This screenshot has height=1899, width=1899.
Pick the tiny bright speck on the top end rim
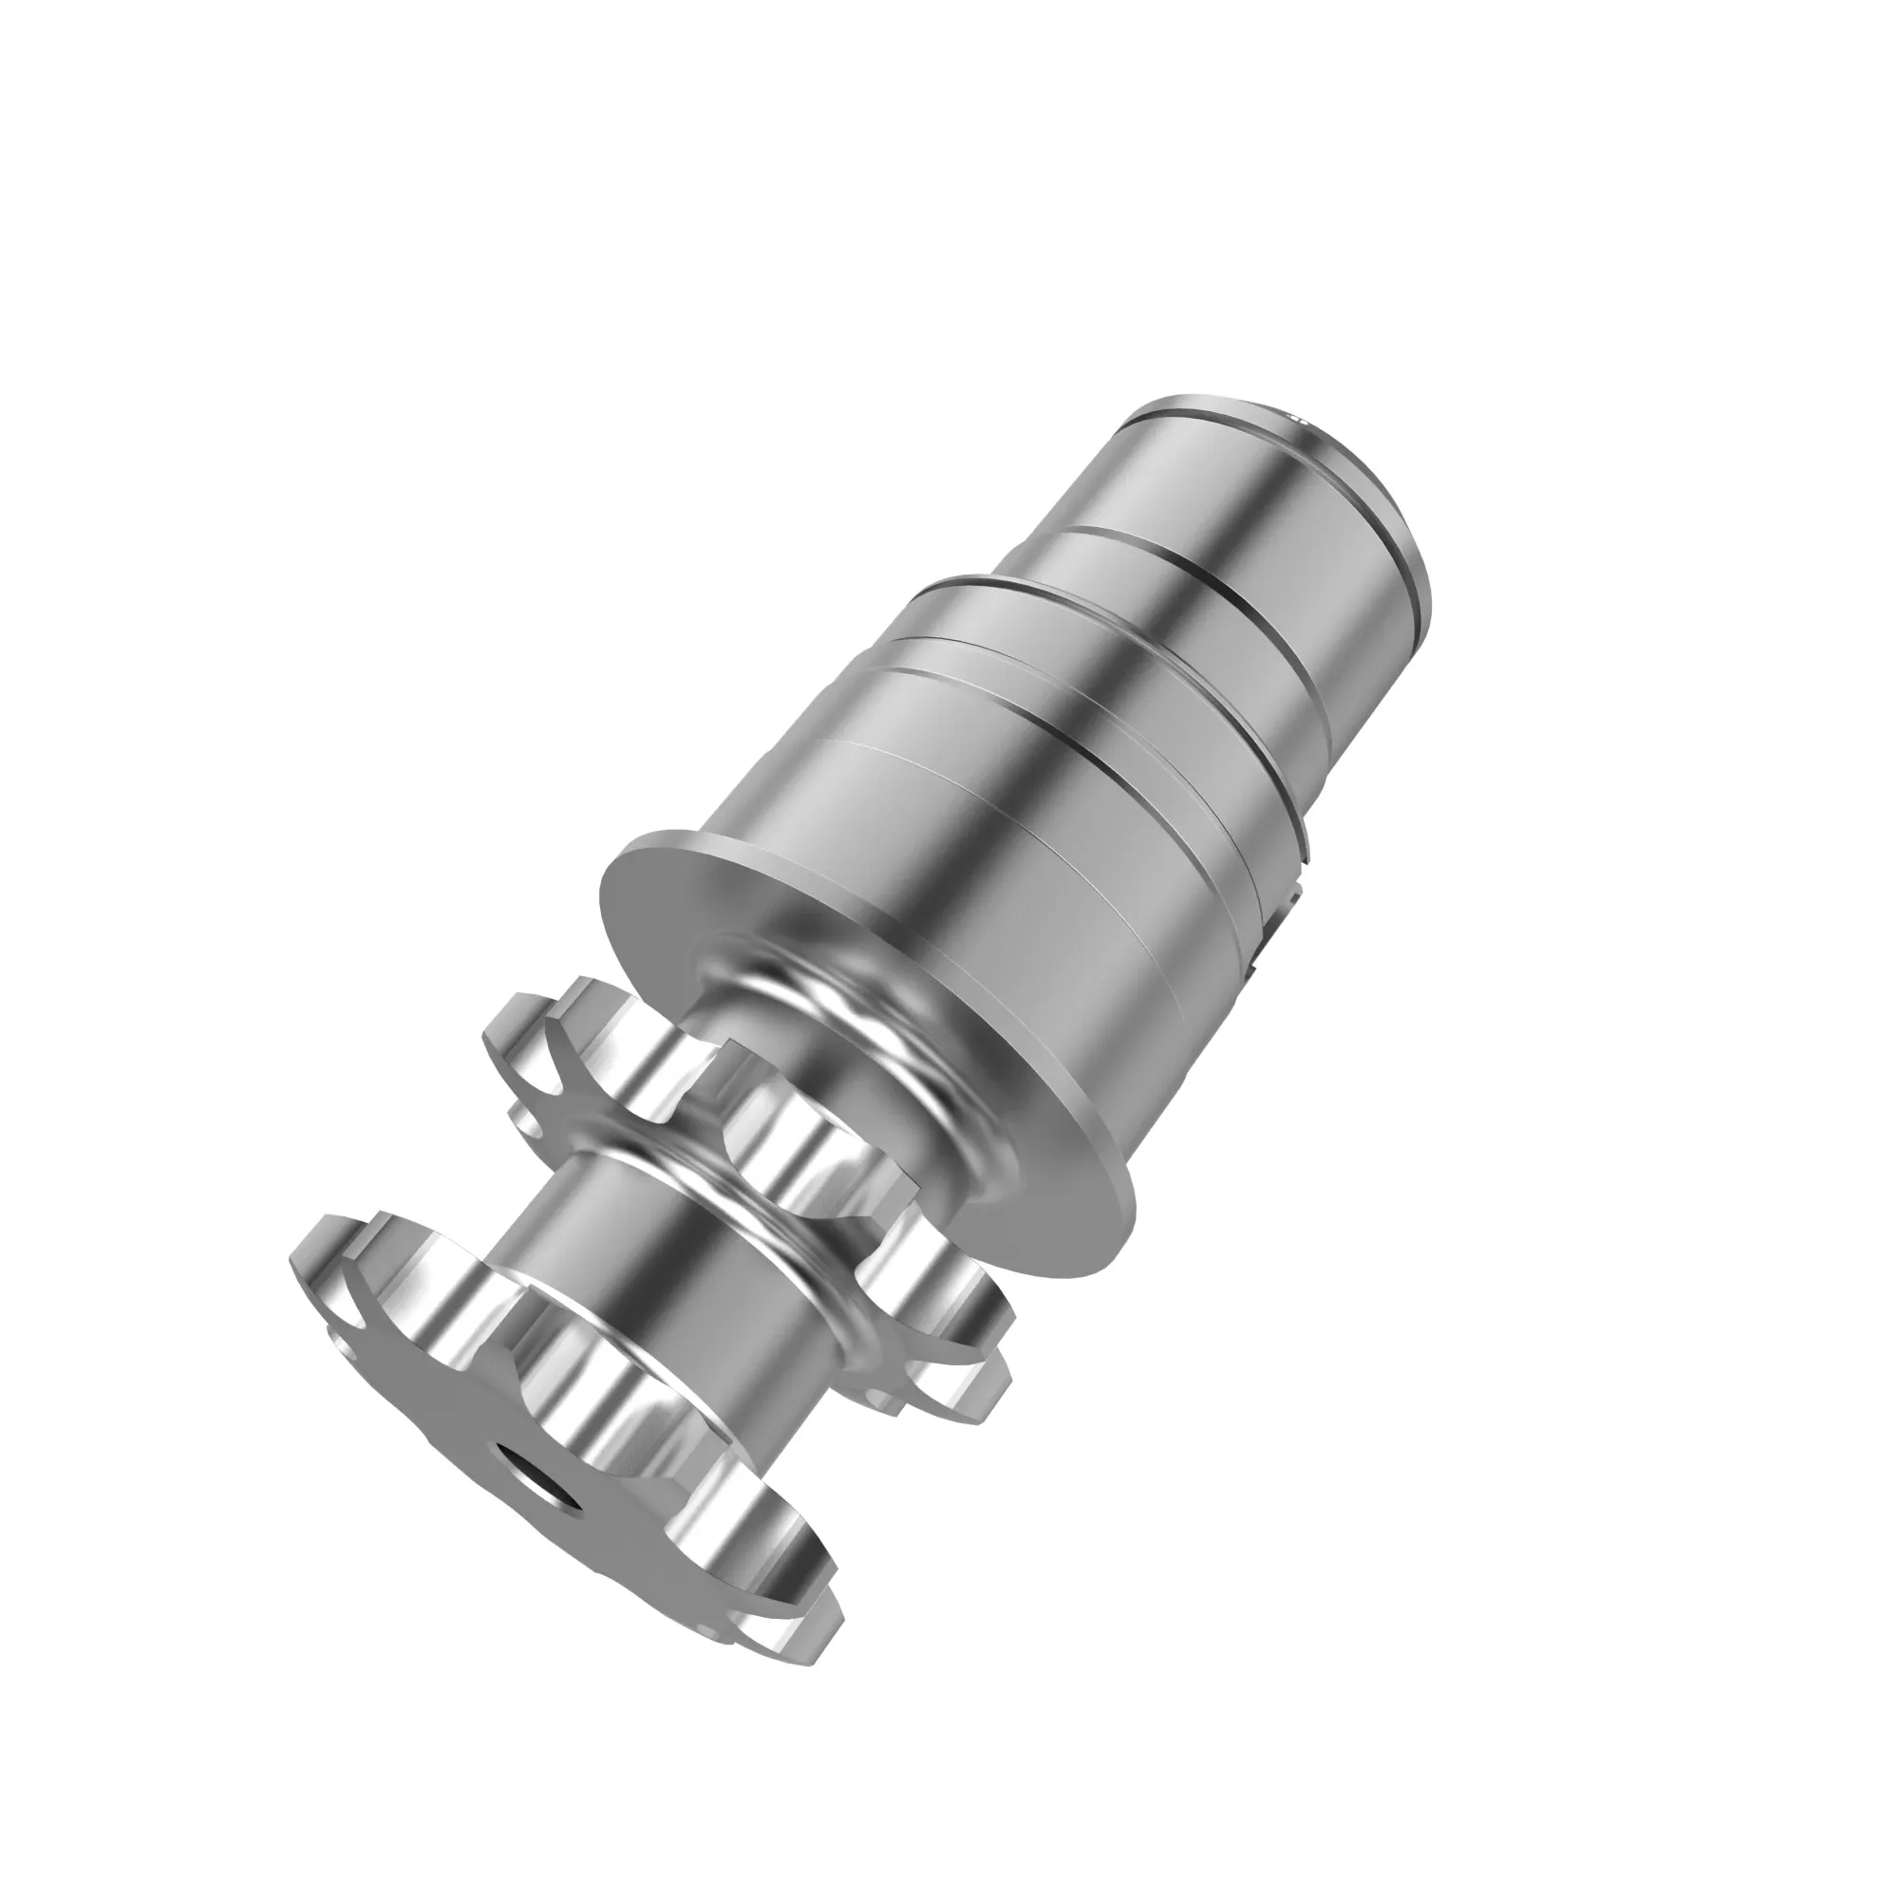pos(1295,416)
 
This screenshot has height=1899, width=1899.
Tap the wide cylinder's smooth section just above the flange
pos(983,885)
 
